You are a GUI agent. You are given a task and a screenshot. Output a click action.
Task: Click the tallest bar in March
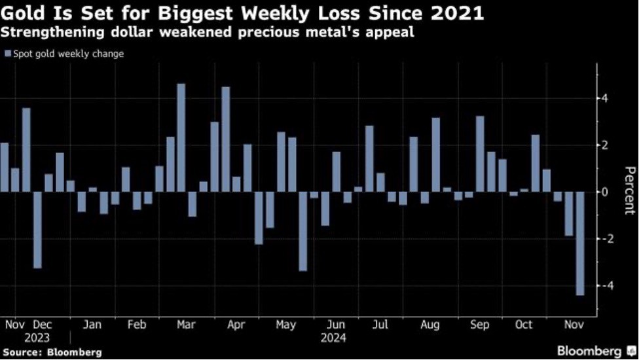pos(181,137)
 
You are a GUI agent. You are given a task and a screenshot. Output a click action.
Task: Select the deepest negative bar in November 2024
pos(580,243)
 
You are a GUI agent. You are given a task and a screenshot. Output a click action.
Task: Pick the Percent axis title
pos(629,190)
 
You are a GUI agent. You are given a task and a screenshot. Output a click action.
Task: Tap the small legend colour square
pos(7,54)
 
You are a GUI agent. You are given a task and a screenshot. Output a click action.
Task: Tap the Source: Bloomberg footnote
pos(52,353)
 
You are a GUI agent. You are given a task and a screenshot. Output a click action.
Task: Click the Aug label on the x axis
pos(430,325)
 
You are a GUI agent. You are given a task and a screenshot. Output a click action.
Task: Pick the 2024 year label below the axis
pos(333,338)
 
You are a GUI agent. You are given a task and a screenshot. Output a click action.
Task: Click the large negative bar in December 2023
pos(37,230)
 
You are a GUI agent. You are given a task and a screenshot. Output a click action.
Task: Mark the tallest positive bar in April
pos(225,139)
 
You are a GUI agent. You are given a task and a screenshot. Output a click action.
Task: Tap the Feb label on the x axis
pos(137,325)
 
